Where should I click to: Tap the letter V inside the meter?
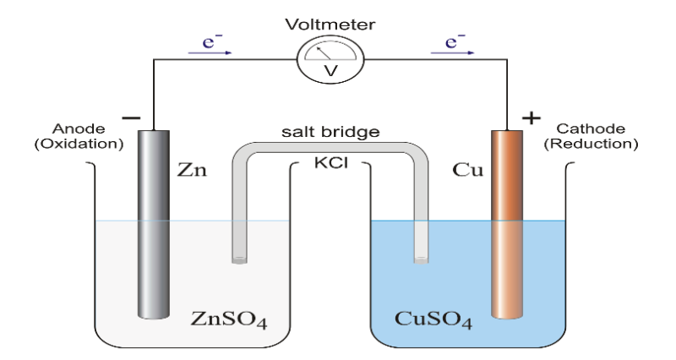[331, 71]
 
